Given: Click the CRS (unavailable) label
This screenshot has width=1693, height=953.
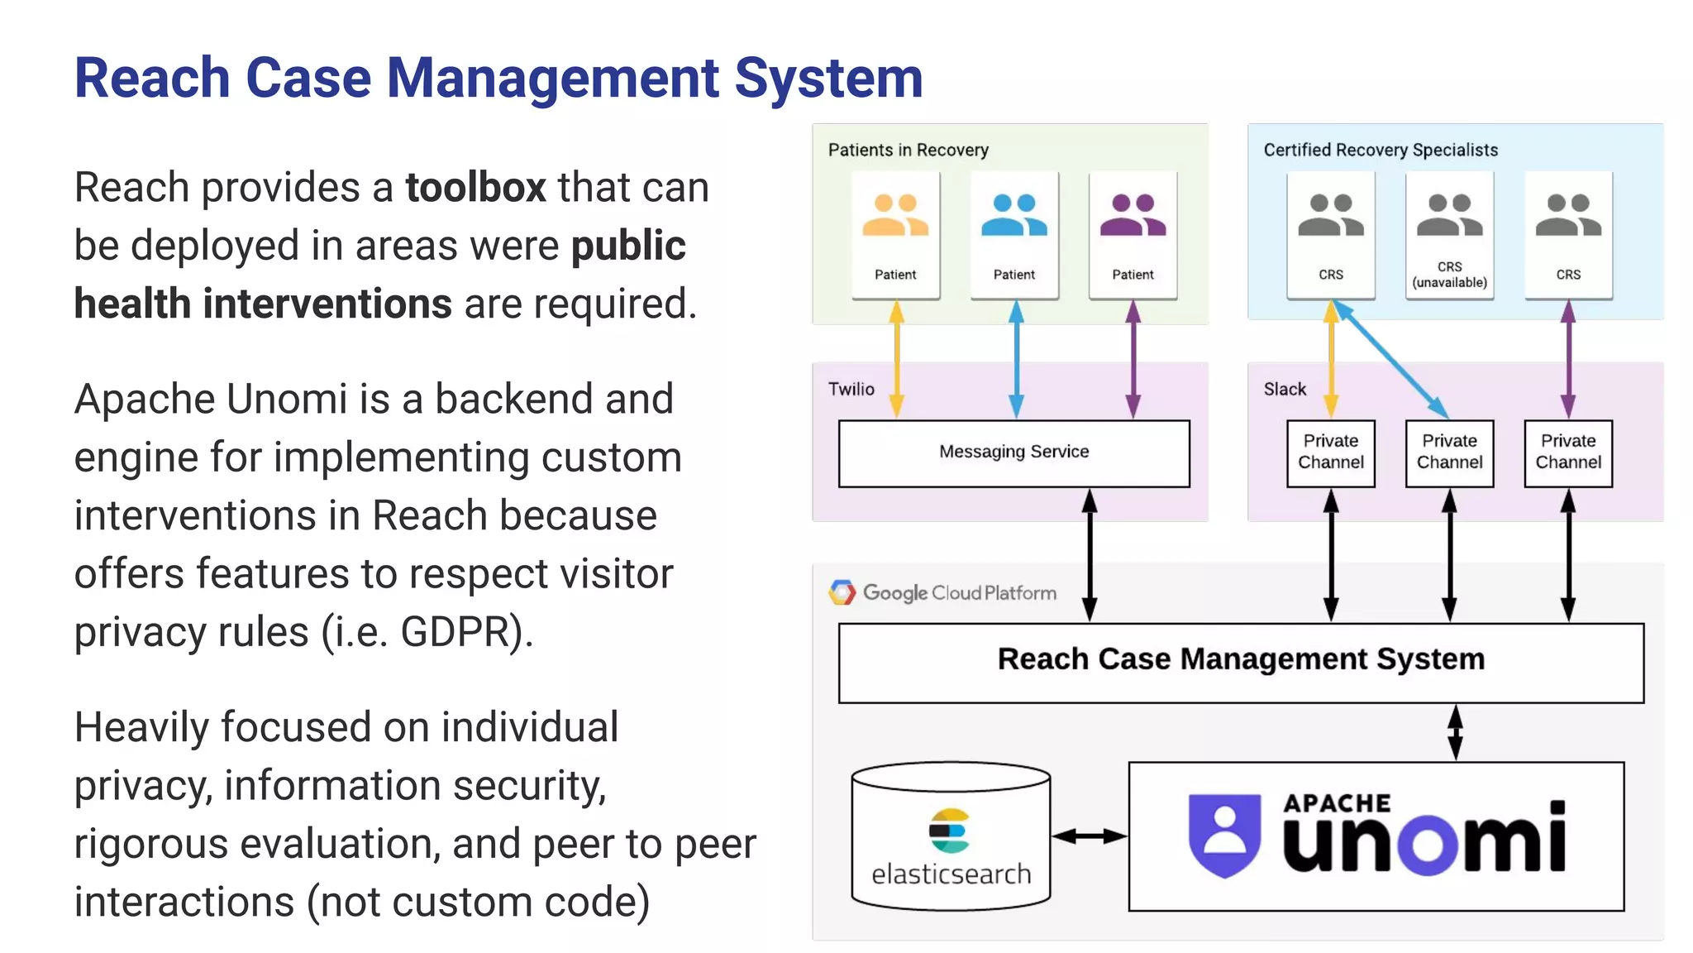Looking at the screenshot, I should point(1449,275).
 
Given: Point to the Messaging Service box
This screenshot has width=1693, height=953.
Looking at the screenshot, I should point(1013,453).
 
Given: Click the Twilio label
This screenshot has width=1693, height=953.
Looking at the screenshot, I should point(851,389).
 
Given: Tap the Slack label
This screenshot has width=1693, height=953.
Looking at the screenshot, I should point(1285,389).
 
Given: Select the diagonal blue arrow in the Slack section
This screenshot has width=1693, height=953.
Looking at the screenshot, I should point(1390,360).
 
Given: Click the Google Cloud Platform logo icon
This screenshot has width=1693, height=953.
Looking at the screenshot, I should point(842,592).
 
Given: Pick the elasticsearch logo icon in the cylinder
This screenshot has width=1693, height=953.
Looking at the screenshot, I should point(949,831).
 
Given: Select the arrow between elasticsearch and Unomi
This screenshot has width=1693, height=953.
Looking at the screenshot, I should point(1089,836).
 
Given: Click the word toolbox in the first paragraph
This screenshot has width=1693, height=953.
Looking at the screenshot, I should point(475,188).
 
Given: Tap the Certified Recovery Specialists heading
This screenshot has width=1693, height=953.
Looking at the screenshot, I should point(1381,150).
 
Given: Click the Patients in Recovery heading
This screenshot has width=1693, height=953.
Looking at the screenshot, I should point(908,150).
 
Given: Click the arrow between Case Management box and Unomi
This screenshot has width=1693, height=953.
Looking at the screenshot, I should point(1455,732).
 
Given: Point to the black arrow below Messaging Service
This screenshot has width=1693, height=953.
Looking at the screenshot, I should point(1090,554).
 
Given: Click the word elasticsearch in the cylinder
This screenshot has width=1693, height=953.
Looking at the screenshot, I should point(951,874).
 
